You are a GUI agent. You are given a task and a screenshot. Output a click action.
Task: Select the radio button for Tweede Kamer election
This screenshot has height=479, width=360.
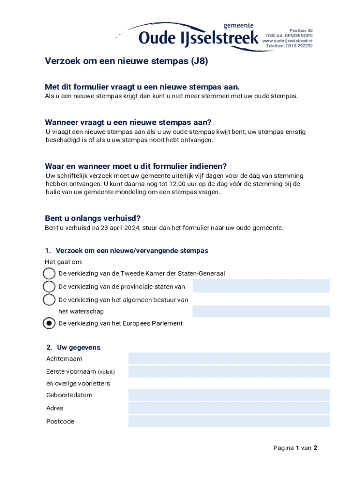click(x=49, y=273)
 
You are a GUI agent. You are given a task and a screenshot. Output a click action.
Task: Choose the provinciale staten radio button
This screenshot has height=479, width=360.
click(x=49, y=286)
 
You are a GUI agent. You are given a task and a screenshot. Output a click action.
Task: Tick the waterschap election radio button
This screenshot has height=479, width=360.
click(x=49, y=299)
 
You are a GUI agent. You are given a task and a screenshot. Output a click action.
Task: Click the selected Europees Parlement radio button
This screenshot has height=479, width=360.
click(x=49, y=323)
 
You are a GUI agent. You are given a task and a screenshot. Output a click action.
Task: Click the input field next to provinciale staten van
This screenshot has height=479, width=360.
click(x=261, y=286)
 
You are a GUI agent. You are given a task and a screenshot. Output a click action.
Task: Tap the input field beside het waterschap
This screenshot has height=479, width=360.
click(x=261, y=312)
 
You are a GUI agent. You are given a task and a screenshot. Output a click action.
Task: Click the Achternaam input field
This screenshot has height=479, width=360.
click(x=229, y=359)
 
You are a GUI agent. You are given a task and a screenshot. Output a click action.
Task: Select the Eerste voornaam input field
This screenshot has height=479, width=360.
click(x=229, y=372)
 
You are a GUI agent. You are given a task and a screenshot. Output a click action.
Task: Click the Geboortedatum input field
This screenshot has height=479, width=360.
click(x=229, y=395)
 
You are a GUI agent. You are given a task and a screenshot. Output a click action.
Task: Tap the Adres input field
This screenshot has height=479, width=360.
click(x=229, y=408)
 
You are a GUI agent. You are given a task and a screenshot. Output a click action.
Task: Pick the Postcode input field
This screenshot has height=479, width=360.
click(x=229, y=421)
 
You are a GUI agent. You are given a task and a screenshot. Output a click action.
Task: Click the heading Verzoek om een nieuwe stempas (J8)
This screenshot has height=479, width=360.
click(x=126, y=61)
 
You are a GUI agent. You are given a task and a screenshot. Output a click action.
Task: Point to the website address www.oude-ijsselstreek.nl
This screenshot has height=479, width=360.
click(x=288, y=41)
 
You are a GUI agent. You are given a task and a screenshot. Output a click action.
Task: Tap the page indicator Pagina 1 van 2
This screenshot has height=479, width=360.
click(x=295, y=448)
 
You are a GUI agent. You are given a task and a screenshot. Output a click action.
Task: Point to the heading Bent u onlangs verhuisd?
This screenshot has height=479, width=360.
click(x=93, y=218)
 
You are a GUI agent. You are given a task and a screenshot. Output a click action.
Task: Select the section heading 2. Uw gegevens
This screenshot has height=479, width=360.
click(x=73, y=348)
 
